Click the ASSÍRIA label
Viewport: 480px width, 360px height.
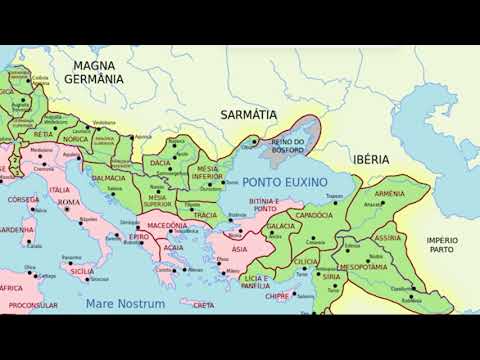(x=389, y=240)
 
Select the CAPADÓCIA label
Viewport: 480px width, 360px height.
(x=312, y=215)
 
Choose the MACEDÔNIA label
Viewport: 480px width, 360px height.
(x=168, y=226)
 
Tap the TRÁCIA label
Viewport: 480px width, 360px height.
(x=206, y=215)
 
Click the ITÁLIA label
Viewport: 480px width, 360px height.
(x=60, y=190)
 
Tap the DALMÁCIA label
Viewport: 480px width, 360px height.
(x=109, y=178)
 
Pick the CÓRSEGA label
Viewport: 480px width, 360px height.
(x=23, y=200)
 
